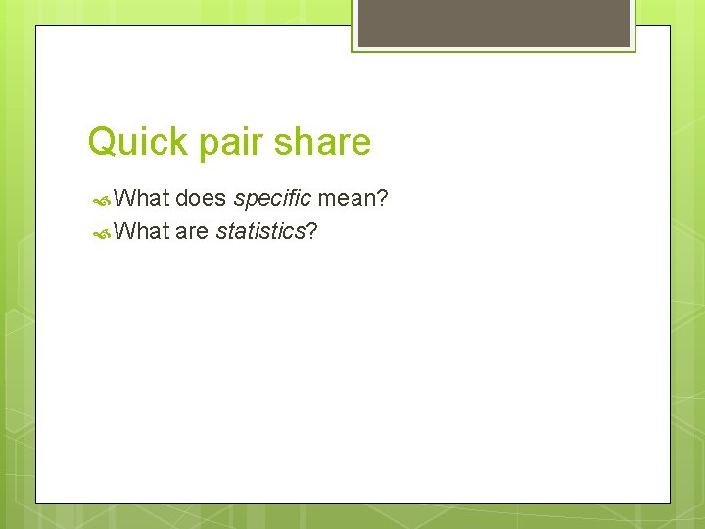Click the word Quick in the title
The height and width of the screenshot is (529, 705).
pyautogui.click(x=138, y=143)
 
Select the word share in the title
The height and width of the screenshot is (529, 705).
pyautogui.click(x=323, y=143)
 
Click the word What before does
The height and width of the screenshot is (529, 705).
pyautogui.click(x=142, y=199)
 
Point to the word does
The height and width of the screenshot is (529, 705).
pyautogui.click(x=201, y=199)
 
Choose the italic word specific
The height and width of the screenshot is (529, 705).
pyautogui.click(x=271, y=199)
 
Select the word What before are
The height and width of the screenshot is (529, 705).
pyautogui.click(x=142, y=232)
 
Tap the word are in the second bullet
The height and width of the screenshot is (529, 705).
pyautogui.click(x=192, y=232)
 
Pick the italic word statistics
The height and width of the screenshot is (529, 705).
pyautogui.click(x=260, y=232)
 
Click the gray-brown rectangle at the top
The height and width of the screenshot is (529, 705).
pyautogui.click(x=493, y=23)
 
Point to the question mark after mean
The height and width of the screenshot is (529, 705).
pyautogui.click(x=383, y=199)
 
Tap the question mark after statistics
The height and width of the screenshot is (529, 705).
pyautogui.click(x=312, y=232)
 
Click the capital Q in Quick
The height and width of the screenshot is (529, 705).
pyautogui.click(x=101, y=143)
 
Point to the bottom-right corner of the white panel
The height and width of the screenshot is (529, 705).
pyautogui.click(x=670, y=503)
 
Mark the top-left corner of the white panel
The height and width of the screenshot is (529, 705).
pyautogui.click(x=36, y=26)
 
